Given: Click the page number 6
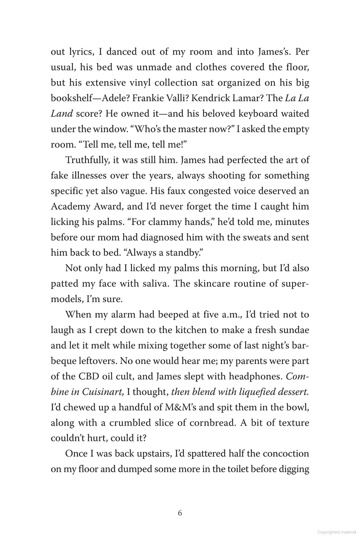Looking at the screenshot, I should [x=180, y=513].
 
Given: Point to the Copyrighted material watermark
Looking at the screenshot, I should [x=336, y=532].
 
